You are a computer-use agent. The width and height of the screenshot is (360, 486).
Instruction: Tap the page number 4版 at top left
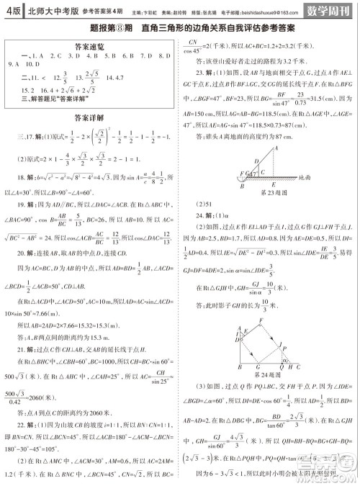pyautogui.click(x=11, y=10)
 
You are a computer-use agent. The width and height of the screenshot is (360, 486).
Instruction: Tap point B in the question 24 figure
pyautogui.click(x=238, y=366)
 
